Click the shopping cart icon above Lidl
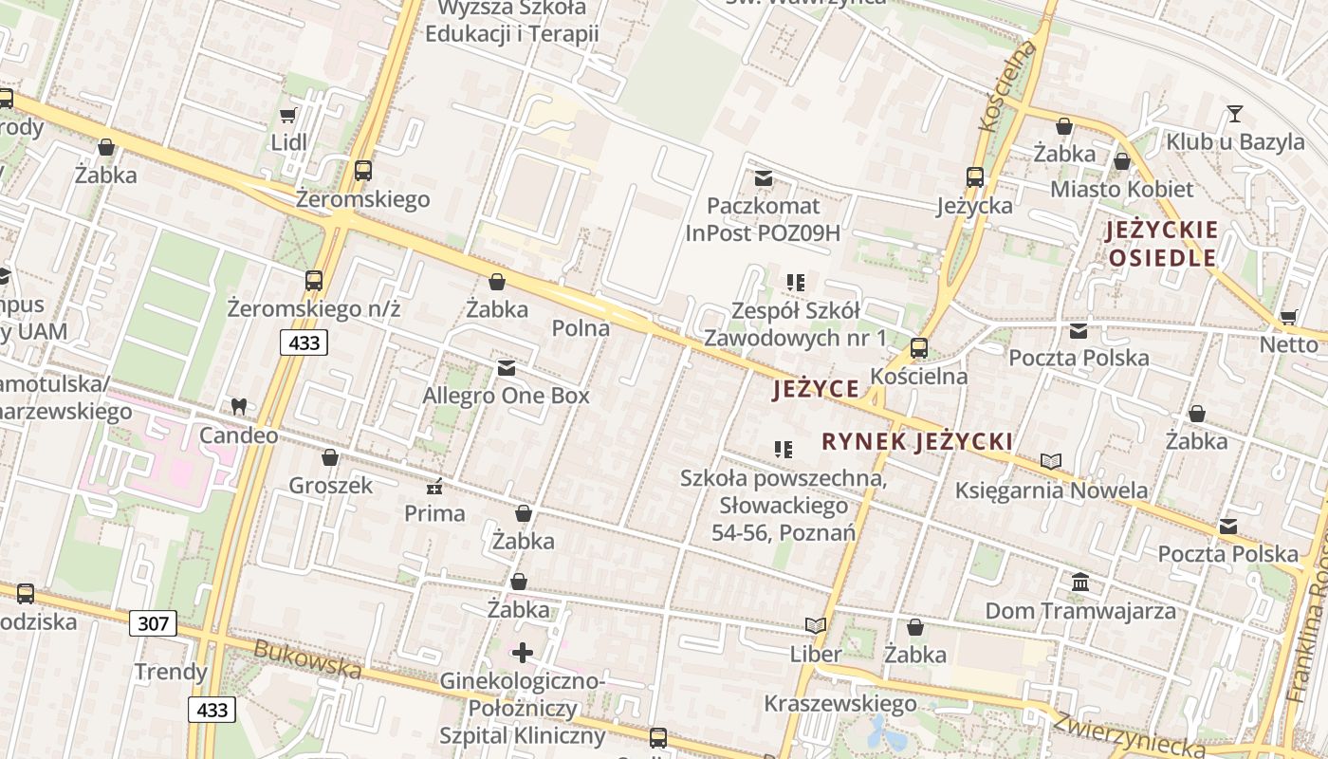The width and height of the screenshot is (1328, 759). coord(287,115)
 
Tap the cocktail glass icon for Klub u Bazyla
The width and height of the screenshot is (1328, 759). coord(1234,114)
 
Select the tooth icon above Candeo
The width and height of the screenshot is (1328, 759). coord(239,406)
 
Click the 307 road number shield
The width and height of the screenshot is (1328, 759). coord(153,623)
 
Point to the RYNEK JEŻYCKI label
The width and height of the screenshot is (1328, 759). coord(916,441)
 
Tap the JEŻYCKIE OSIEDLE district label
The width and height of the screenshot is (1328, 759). coord(1162,244)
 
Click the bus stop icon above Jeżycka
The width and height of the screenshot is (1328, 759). coord(974,176)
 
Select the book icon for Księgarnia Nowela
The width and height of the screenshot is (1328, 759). coord(1051,461)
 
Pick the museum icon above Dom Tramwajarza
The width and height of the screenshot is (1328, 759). coord(1080,582)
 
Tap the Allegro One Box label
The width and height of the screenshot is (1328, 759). coord(506,396)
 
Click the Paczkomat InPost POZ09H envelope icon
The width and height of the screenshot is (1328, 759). coord(763,177)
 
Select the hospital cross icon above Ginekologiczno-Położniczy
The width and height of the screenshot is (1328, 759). coord(523,653)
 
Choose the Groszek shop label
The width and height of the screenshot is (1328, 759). coord(330,486)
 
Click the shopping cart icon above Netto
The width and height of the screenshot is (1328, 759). coord(1288,316)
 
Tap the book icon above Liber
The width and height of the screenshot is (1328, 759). coord(816,625)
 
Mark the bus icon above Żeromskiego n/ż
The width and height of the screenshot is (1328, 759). coord(314,281)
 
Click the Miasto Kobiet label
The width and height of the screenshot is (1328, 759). coord(1121,189)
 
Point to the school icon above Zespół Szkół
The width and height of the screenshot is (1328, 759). coord(795,282)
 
